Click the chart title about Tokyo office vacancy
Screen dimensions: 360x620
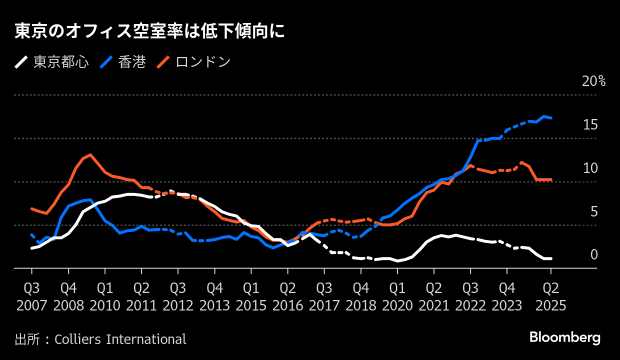click(x=149, y=31)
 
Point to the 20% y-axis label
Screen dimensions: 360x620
click(x=593, y=81)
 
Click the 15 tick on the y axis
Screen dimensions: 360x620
click(x=590, y=125)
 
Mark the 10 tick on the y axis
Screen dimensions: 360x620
click(x=590, y=168)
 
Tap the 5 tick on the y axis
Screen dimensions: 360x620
click(x=594, y=212)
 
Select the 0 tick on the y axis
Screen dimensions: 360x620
click(x=594, y=255)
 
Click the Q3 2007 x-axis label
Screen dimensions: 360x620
click(x=31, y=296)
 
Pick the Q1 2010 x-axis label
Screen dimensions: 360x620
click(x=105, y=296)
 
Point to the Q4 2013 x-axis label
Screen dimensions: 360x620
click(x=214, y=296)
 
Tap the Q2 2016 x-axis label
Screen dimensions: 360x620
click(x=287, y=296)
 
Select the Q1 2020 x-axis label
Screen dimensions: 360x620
click(x=397, y=296)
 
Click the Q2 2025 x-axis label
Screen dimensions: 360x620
click(x=550, y=296)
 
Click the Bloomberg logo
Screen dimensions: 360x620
click(x=565, y=337)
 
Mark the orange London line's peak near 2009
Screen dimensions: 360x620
click(x=90, y=154)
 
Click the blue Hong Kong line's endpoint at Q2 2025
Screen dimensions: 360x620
click(x=551, y=118)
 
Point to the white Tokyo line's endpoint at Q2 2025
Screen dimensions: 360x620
click(x=551, y=258)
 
